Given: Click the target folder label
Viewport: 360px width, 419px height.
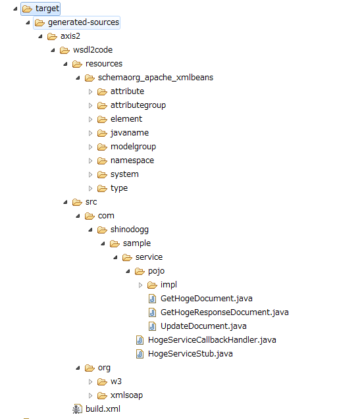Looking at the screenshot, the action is [x=47, y=9].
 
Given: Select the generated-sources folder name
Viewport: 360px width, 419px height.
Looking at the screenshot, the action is [x=84, y=22].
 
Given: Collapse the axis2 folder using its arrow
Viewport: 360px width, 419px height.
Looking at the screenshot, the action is [x=40, y=36].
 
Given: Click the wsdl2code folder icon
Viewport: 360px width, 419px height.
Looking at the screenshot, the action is [x=64, y=50].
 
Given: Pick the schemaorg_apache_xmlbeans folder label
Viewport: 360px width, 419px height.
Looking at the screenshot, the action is [x=156, y=78].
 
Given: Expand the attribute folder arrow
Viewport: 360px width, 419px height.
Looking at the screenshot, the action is [x=90, y=91].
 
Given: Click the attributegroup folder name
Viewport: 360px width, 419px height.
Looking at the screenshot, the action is [x=138, y=105].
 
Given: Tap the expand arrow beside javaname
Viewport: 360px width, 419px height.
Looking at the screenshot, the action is [x=90, y=133].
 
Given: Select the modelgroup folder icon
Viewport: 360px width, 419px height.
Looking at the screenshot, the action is [x=102, y=147].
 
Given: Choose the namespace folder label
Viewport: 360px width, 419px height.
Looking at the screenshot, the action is [x=132, y=160].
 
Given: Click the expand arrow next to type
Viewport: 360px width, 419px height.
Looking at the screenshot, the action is [x=90, y=188].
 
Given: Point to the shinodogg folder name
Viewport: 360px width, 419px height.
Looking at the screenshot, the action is [x=130, y=230].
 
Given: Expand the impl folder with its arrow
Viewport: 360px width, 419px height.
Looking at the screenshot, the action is [x=140, y=285].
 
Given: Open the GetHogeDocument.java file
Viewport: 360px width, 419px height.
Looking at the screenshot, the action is [x=207, y=299].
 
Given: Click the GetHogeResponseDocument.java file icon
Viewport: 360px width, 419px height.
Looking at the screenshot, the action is [x=152, y=312].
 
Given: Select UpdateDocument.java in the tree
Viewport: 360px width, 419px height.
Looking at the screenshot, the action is [x=203, y=326].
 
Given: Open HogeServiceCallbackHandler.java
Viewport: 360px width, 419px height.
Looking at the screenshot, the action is [x=212, y=340].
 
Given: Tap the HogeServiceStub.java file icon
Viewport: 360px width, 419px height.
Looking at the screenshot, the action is [x=140, y=354].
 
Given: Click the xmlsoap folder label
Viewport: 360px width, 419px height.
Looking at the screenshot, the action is [x=126, y=395].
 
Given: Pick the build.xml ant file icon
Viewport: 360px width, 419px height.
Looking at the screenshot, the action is [x=77, y=409].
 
